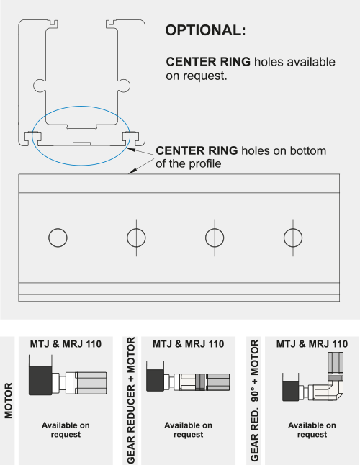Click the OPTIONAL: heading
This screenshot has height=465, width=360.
pyautogui.click(x=205, y=31)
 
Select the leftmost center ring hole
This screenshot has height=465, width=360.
pyautogui.click(x=58, y=236)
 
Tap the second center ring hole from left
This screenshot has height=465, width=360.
pyautogui.click(x=136, y=236)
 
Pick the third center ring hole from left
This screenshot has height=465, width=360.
pyautogui.click(x=214, y=236)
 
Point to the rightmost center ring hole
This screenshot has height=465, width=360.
pyautogui.click(x=292, y=236)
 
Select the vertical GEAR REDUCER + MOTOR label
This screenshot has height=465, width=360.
pyautogui.click(x=130, y=399)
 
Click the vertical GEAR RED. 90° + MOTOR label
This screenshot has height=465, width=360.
pyautogui.click(x=253, y=399)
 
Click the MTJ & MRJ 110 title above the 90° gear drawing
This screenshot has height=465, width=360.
pyautogui.click(x=312, y=343)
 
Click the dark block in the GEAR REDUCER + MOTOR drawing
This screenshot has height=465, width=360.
pyautogui.click(x=155, y=380)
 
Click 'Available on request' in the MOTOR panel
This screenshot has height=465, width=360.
pyautogui.click(x=65, y=430)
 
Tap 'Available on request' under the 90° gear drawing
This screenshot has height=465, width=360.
pyautogui.click(x=312, y=430)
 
